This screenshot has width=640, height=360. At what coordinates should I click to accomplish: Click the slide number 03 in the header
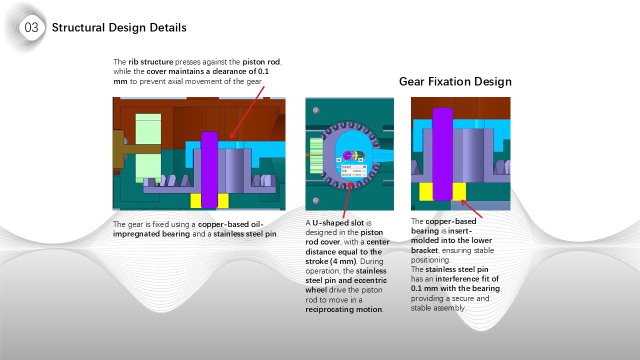(31, 27)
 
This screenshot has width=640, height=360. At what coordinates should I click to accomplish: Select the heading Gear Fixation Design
(455, 81)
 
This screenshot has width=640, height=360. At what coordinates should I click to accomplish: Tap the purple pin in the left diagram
(209, 170)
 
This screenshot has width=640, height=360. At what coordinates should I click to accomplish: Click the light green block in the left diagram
(148, 147)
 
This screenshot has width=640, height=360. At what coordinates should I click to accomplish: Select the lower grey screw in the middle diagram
(315, 200)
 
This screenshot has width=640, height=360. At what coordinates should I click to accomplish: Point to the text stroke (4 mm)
(330, 261)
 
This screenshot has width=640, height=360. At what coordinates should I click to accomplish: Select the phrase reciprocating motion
(344, 309)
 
